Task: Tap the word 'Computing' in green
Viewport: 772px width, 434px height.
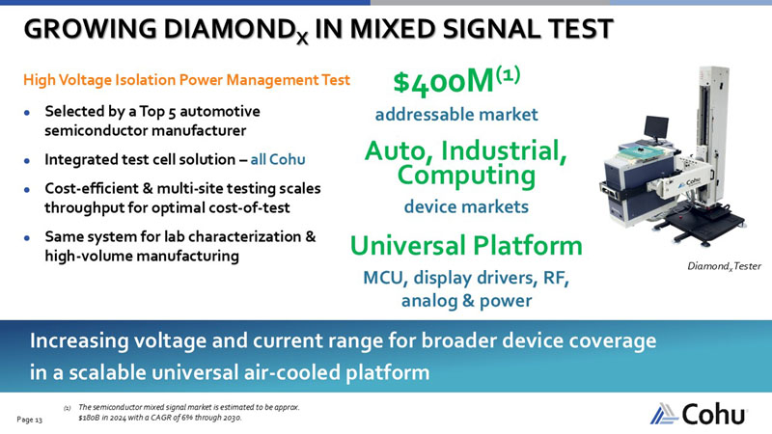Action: [466, 176]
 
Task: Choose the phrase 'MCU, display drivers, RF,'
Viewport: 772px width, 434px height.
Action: [466, 279]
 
